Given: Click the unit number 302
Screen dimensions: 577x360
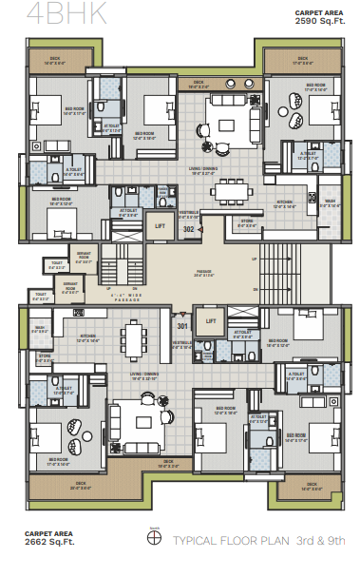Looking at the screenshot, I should [x=188, y=230].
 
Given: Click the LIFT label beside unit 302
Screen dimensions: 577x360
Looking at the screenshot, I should [x=161, y=226].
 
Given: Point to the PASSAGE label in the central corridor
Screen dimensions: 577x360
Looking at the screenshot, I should [x=204, y=273].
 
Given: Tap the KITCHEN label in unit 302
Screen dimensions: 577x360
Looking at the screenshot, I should [x=284, y=202].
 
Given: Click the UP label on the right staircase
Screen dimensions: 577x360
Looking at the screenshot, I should [x=254, y=258].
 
